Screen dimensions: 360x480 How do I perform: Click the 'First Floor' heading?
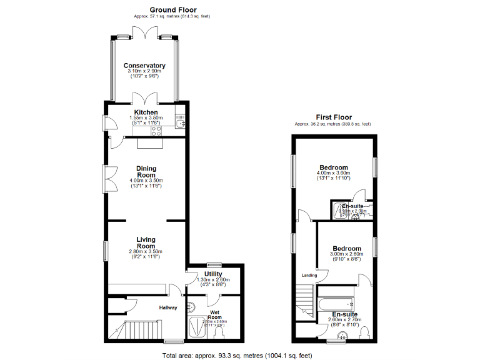[333, 117]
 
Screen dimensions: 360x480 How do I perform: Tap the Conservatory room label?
[144, 66]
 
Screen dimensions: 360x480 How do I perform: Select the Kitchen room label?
[146, 112]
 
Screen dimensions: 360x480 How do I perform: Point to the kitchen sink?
[180, 123]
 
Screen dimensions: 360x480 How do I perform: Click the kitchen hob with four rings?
[156, 131]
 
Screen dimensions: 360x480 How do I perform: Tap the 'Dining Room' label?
[146, 172]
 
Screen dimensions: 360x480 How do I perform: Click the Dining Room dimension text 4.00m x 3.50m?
[146, 181]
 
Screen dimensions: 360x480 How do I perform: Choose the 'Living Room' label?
[146, 243]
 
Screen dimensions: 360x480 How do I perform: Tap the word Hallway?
[167, 307]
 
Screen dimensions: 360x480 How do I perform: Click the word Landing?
[309, 275]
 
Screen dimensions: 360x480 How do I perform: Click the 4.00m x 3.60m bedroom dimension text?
[334, 174]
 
